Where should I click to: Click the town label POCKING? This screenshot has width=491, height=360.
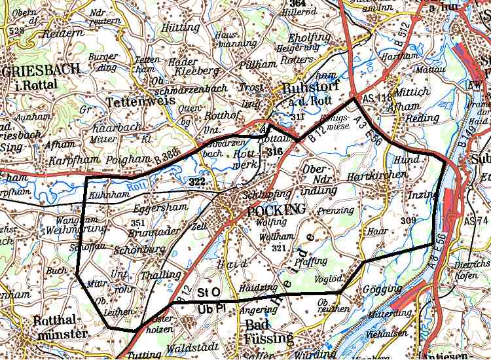click(277, 210)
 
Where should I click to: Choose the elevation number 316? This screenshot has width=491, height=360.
click(276, 151)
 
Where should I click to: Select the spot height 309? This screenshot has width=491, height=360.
click(407, 221)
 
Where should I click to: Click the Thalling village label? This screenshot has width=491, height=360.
click(160, 274)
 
